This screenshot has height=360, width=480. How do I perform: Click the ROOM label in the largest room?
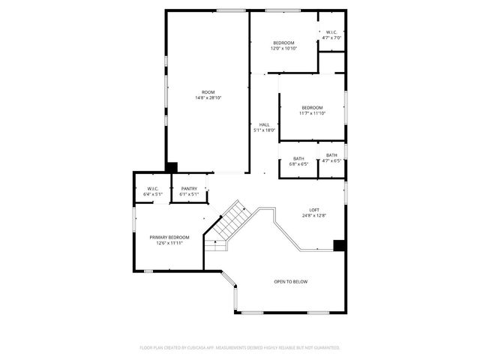coord(208,92)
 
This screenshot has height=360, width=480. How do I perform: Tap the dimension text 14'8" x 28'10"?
coord(208,97)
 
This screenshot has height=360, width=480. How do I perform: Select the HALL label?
coord(264,124)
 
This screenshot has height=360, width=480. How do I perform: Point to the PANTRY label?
coord(189,189)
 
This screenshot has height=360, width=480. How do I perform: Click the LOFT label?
coord(315,210)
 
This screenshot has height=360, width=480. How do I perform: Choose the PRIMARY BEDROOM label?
coord(169,237)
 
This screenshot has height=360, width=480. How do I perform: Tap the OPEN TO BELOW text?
coord(290,282)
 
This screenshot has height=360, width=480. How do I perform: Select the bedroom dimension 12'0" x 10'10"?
coord(283,48)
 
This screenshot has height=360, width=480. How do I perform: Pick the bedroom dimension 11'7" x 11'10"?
coord(312,113)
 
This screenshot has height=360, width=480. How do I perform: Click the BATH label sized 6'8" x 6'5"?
coord(298,158)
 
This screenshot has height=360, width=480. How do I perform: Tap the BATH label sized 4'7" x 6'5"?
coord(331,155)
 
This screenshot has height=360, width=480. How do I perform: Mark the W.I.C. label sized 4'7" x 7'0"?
coord(331,32)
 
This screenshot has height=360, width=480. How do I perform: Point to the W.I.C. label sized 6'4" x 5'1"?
coord(152,189)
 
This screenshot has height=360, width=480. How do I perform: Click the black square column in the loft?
coord(339,244)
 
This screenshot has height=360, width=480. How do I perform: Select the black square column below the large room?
coord(172,167)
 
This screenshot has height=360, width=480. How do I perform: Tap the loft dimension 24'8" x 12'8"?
coord(315,215)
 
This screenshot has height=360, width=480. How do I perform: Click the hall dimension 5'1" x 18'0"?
coord(264,130)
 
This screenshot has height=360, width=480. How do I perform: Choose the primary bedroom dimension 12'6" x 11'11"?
coord(169,242)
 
